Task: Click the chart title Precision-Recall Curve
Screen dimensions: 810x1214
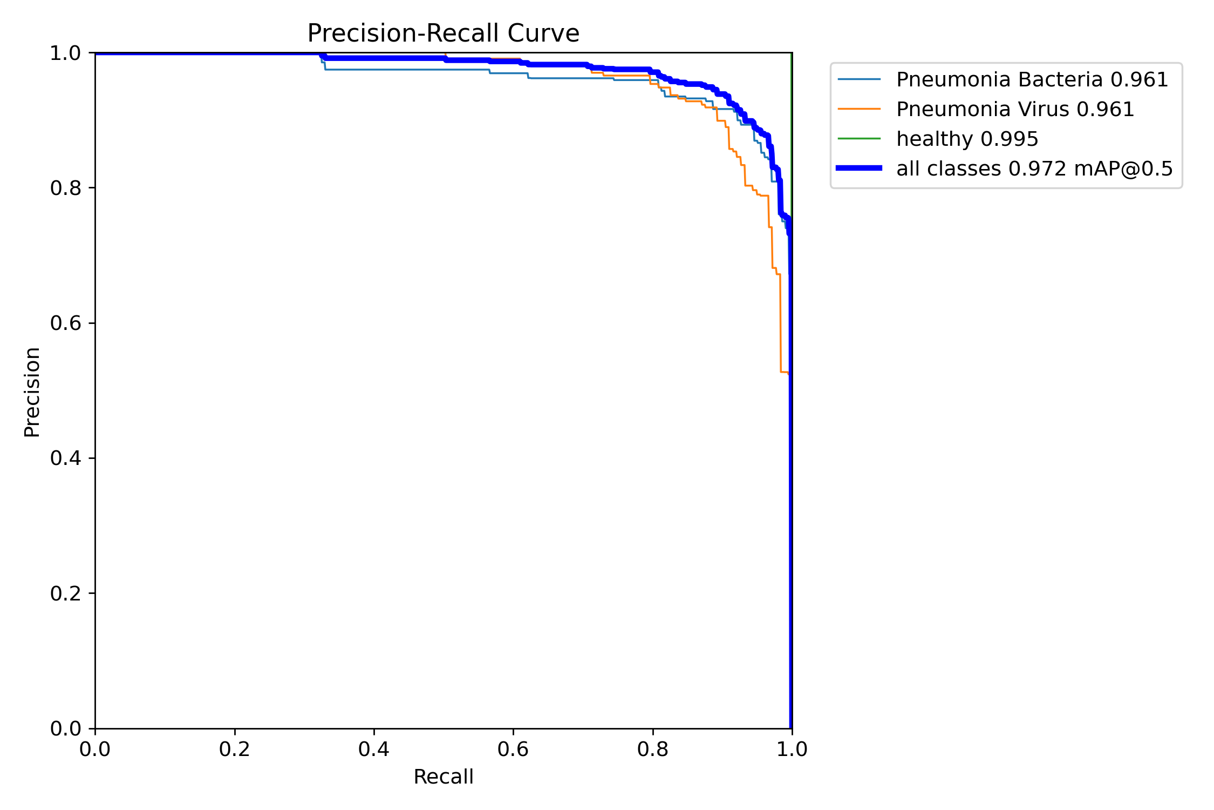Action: tap(443, 33)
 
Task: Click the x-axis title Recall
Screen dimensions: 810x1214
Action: tap(443, 777)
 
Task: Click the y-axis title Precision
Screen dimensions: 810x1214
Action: tap(32, 392)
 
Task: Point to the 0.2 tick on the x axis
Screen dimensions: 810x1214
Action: tap(235, 749)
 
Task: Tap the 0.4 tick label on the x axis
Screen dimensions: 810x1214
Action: tap(374, 749)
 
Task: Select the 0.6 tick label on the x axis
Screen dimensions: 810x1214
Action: tap(513, 749)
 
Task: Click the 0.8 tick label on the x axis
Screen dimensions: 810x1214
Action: tap(653, 749)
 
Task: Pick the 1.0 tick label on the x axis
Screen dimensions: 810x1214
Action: tap(792, 749)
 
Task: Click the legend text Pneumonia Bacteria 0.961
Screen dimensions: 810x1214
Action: tap(1032, 79)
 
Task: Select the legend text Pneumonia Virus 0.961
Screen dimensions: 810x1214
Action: tap(1015, 109)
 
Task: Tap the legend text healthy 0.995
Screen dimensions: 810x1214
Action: tap(967, 139)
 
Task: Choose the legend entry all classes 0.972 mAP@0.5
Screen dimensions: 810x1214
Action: tap(1034, 168)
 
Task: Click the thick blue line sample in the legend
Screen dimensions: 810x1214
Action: tap(859, 168)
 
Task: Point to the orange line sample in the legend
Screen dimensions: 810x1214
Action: tap(859, 109)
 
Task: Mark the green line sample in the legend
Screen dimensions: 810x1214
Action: tap(859, 139)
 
